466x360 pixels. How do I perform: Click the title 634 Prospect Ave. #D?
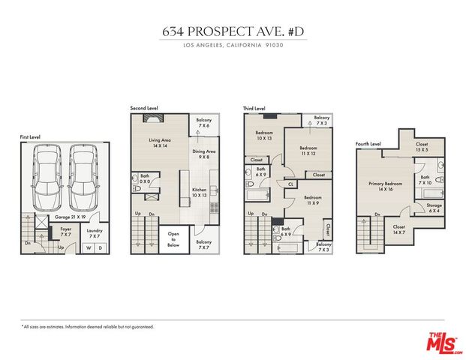point(233,32)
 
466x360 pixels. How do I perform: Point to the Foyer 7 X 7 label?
point(67,232)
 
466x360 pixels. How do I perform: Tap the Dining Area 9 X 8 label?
point(203,154)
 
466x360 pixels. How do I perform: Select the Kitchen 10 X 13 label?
point(198,193)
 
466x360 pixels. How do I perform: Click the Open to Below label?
point(173,239)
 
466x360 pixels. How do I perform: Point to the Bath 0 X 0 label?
point(145,179)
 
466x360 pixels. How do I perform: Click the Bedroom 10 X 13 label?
point(265,136)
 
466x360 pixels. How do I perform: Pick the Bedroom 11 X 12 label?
point(308,151)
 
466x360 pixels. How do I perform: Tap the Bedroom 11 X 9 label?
point(314,200)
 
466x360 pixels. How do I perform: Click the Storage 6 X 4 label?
point(434,208)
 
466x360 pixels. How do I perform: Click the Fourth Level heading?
point(368,143)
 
